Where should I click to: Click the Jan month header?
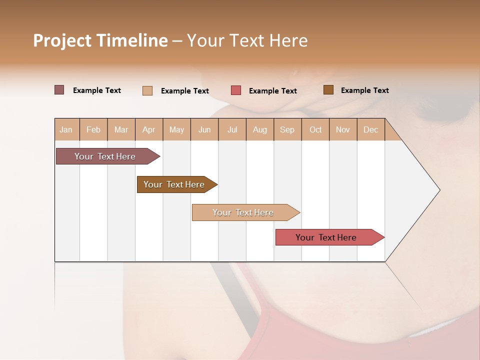tap(66, 129)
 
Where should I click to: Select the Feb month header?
tap(93, 129)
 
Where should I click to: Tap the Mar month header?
tap(121, 129)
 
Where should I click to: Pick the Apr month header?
tap(148, 129)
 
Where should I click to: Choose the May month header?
tap(176, 129)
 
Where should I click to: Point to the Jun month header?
tap(204, 129)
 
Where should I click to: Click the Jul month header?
tap(232, 129)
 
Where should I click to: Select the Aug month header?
tap(259, 129)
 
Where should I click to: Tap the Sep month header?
tap(287, 129)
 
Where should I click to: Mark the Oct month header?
tap(315, 129)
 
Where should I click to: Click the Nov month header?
tap(343, 129)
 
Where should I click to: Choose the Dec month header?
tap(370, 129)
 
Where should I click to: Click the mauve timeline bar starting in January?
tap(105, 156)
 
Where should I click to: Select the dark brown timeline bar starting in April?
tap(174, 184)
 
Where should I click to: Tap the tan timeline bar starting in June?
tap(243, 212)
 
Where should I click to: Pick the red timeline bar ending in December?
tap(326, 237)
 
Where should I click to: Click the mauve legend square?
tap(59, 90)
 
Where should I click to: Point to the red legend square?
tap(236, 90)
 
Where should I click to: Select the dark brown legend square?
tap(328, 90)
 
